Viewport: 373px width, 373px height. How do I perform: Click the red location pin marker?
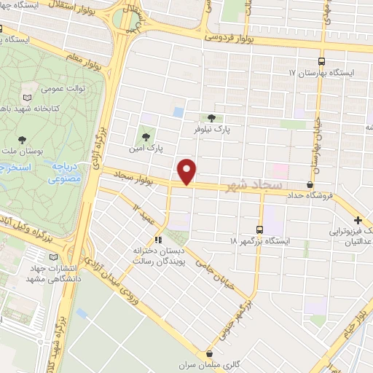(x=187, y=170)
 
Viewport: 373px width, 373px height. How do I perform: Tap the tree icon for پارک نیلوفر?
(x=211, y=117)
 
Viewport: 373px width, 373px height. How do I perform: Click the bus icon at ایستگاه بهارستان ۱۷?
(x=323, y=62)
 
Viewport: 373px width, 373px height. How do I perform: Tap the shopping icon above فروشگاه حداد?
(x=310, y=185)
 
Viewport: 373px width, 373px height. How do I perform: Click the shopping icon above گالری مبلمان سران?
(x=210, y=352)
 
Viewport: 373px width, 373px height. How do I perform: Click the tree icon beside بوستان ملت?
(x=21, y=138)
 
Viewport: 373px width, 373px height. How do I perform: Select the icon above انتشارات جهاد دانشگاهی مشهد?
(x=53, y=257)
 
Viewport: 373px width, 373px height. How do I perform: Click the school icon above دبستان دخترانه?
(x=158, y=240)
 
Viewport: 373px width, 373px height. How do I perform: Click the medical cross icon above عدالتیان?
(x=357, y=220)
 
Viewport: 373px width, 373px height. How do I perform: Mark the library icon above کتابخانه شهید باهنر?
(x=28, y=97)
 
